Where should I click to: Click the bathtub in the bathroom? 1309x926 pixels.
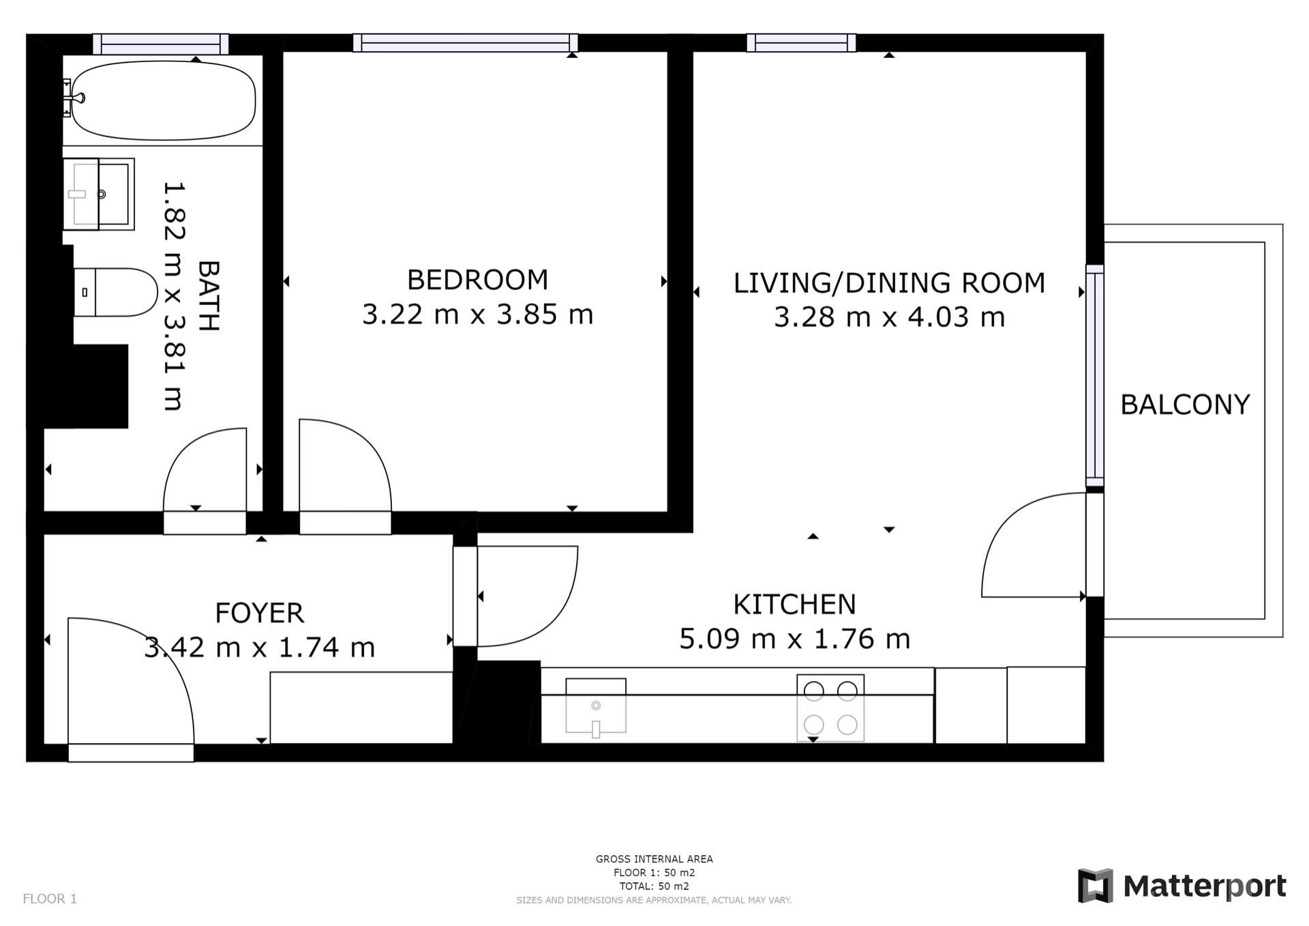point(164,100)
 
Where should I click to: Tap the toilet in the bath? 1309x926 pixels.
point(115,292)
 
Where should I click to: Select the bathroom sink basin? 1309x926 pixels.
point(99,194)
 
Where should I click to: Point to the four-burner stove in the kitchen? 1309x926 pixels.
point(830,708)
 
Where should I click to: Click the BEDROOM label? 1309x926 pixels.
point(477,280)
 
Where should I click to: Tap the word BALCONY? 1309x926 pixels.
point(1185,405)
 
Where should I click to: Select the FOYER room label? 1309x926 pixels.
point(259,613)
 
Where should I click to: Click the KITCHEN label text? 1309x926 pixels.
point(794,605)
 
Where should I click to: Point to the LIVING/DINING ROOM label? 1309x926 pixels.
point(889,283)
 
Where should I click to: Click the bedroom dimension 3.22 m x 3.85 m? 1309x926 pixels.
point(477,315)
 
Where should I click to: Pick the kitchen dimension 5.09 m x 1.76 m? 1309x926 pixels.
point(795,639)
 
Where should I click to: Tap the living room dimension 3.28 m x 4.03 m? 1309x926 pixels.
point(889,317)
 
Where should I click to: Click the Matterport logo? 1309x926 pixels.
point(1182,886)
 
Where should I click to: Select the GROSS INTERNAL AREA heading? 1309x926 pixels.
point(654,859)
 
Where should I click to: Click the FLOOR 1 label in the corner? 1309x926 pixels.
point(50,899)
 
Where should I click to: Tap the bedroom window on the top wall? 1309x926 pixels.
point(466,43)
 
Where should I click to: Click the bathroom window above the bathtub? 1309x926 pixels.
point(161,44)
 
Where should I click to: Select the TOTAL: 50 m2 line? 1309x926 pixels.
point(654,886)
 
